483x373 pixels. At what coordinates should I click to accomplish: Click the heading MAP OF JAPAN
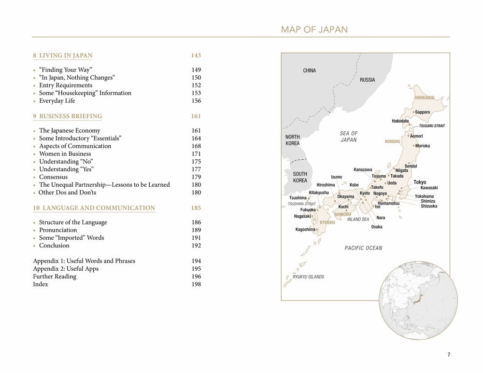pyautogui.click(x=314, y=30)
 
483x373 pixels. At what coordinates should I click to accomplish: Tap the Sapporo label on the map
pyautogui.click(x=422, y=112)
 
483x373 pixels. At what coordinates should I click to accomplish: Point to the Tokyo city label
pyautogui.click(x=420, y=182)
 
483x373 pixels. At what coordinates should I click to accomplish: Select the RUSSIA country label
pyautogui.click(x=367, y=80)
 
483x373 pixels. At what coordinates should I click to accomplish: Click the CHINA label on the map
pyautogui.click(x=309, y=70)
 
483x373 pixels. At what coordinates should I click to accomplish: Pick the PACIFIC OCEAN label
pyautogui.click(x=363, y=248)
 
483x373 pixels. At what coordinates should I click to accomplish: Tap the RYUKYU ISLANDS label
pyautogui.click(x=301, y=277)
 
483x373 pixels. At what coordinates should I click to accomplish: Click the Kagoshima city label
pyautogui.click(x=305, y=229)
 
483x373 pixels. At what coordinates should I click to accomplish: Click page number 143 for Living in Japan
pyautogui.click(x=196, y=55)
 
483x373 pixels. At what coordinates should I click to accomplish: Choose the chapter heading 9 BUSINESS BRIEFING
pyautogui.click(x=67, y=116)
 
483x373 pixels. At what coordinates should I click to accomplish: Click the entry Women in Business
pyautogui.click(x=65, y=154)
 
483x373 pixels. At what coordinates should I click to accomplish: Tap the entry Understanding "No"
pyautogui.click(x=66, y=162)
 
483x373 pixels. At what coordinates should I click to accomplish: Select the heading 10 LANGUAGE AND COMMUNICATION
pyautogui.click(x=94, y=208)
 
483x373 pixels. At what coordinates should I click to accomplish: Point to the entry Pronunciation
pyautogui.click(x=58, y=230)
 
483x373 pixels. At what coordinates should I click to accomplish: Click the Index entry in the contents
pyautogui.click(x=41, y=284)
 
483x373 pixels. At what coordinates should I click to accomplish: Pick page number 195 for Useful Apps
pyautogui.click(x=196, y=269)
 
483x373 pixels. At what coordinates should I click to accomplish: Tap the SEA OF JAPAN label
pyautogui.click(x=348, y=137)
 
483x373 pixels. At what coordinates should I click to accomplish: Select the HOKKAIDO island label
pyautogui.click(x=425, y=98)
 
